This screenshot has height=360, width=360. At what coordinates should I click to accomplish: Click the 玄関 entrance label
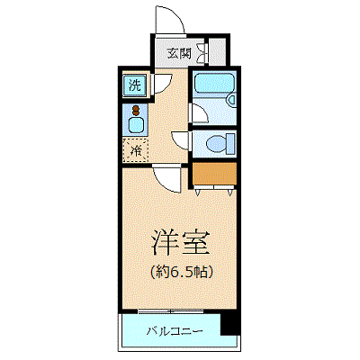pyautogui.click(x=179, y=53)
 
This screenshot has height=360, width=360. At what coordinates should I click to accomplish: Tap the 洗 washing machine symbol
pyautogui.click(x=135, y=85)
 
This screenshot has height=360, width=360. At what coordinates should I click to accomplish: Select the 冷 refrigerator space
pyautogui.click(x=136, y=150)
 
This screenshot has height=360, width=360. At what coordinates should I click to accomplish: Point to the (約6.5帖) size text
pyautogui.click(x=182, y=272)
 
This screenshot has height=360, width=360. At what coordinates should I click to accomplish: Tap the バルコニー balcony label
pyautogui.click(x=175, y=331)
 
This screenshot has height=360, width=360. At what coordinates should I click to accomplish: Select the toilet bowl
pyautogui.click(x=217, y=144)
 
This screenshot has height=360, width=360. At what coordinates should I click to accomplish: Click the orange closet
pyautogui.click(x=214, y=174)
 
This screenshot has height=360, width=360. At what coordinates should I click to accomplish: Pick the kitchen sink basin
pyautogui.click(x=135, y=125)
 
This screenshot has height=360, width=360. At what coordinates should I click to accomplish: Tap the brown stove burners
pyautogui.click(x=136, y=110)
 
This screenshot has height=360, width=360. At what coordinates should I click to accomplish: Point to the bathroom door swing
pyautogui.click(x=200, y=113)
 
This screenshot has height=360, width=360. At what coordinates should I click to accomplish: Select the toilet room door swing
pyautogui.click(x=180, y=140)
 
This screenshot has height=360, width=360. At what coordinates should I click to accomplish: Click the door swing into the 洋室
pyautogui.click(x=166, y=180)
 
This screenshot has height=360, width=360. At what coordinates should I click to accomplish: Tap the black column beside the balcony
pyautogui.click(x=230, y=324)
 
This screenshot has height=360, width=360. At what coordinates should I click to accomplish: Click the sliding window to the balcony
pyautogui.click(x=171, y=311)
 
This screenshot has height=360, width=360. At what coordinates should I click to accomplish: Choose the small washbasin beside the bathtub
pyautogui.click(x=231, y=100)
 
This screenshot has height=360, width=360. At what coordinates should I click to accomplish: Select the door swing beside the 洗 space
pyautogui.click(x=162, y=84)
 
